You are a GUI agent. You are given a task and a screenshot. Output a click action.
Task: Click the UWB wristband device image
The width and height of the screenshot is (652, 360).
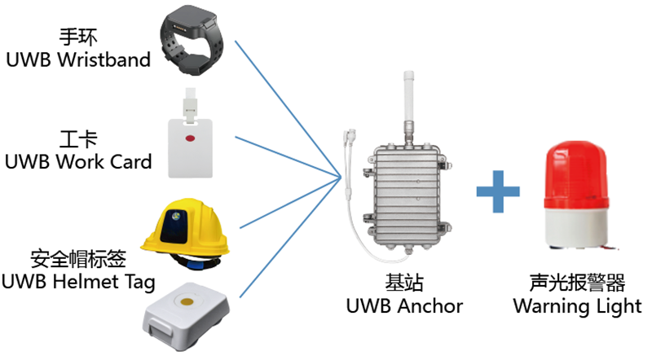(195, 45)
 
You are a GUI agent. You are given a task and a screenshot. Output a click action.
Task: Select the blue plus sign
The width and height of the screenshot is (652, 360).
(498, 195)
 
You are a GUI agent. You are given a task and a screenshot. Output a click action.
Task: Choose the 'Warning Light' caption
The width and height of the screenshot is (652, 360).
(576, 306)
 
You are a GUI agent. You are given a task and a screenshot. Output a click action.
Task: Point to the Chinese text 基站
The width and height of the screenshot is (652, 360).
(405, 283)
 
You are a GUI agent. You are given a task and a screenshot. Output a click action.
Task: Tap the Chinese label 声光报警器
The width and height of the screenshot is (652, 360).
(576, 283)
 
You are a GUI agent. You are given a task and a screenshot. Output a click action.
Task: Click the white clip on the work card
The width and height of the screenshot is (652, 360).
(193, 100)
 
